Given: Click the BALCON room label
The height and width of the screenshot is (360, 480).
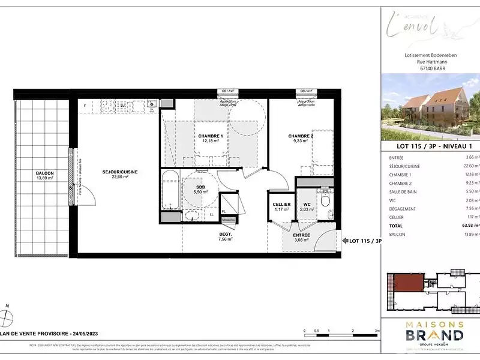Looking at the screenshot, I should click(45, 173).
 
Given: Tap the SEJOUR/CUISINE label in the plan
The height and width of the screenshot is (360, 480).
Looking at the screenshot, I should click(120, 172).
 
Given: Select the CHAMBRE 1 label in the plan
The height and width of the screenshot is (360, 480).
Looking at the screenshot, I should click(211, 137).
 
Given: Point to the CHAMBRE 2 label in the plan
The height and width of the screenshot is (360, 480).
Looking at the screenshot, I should click(301, 137).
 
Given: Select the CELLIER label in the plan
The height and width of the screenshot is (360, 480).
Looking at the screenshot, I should click(281, 205).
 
